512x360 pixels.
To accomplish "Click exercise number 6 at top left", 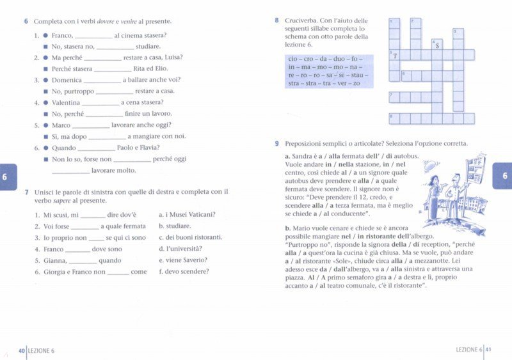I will (26, 22).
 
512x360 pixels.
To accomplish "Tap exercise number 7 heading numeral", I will (26, 192).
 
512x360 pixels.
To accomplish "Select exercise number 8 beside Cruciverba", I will (276, 20).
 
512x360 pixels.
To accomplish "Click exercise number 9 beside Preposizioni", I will (276, 143).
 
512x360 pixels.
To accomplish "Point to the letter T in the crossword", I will (395, 56).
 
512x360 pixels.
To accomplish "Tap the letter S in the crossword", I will (437, 45).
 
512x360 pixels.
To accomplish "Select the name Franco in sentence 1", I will (62, 35).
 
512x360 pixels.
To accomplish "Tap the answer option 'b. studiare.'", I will (175, 226).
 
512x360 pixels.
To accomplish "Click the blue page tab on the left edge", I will (5, 176).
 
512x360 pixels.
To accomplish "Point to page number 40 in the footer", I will (21, 350).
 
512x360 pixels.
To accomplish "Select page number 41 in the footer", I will (488, 350).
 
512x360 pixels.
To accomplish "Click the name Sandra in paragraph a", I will (303, 156).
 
